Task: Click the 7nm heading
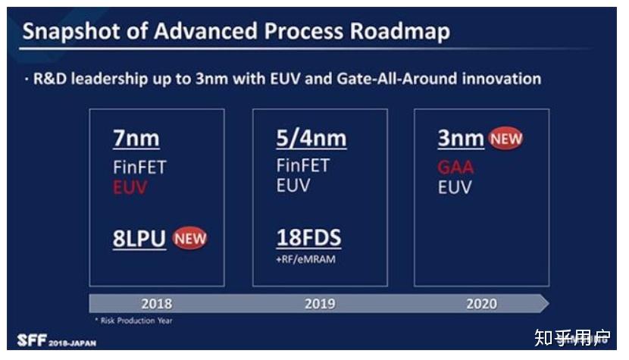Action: pyautogui.click(x=136, y=139)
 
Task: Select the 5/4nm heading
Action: pyautogui.click(x=311, y=139)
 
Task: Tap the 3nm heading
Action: pyautogui.click(x=461, y=139)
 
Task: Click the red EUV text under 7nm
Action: pyautogui.click(x=130, y=187)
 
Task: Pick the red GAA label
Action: pyautogui.click(x=455, y=167)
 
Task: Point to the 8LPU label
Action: pyautogui.click(x=139, y=239)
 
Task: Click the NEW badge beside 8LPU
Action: pyautogui.click(x=190, y=239)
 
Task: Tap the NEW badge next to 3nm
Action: pyautogui.click(x=505, y=139)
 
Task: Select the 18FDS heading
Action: pyautogui.click(x=309, y=237)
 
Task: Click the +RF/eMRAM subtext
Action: pyautogui.click(x=305, y=259)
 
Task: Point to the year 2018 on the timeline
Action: pyautogui.click(x=156, y=304)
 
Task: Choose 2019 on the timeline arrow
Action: pyautogui.click(x=320, y=304)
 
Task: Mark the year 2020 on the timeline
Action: pyautogui.click(x=481, y=304)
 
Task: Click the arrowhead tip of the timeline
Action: pyautogui.click(x=549, y=303)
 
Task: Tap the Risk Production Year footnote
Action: pyautogui.click(x=133, y=321)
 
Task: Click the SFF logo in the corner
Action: pyautogui.click(x=32, y=340)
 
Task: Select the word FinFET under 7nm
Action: pyautogui.click(x=139, y=167)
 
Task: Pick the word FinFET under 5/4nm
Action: pyautogui.click(x=303, y=166)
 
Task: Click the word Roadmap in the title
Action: pyautogui.click(x=400, y=31)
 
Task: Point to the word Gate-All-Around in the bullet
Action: pyautogui.click(x=397, y=79)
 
